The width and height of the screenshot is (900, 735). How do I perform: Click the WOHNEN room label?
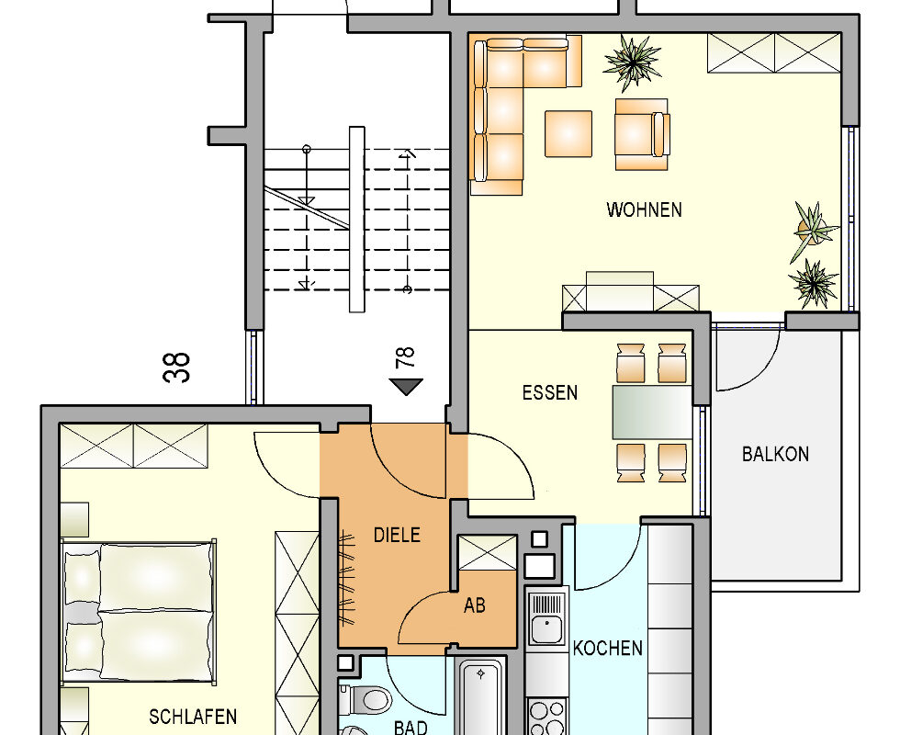[x=644, y=209]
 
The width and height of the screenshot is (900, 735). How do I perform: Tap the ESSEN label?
[x=550, y=393]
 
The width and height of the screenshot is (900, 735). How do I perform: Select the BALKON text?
[x=775, y=454]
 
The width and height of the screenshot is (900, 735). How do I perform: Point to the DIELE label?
[x=397, y=535]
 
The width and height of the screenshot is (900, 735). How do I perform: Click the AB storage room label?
[x=475, y=605]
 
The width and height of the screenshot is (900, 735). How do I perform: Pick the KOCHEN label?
[x=607, y=649]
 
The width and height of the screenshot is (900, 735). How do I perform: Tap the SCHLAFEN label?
[x=193, y=717]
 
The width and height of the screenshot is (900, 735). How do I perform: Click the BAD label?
[x=411, y=728]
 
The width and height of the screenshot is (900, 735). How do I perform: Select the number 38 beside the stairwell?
[x=176, y=367]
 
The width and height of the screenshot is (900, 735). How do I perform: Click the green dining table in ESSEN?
[x=652, y=413]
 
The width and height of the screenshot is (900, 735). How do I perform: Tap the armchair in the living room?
[x=642, y=134]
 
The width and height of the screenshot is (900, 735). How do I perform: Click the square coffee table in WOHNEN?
[x=568, y=133]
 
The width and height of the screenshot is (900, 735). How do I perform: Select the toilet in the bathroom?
[x=366, y=699]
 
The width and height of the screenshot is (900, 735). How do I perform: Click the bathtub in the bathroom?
[x=481, y=697]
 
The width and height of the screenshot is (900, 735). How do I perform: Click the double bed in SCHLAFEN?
[x=139, y=612]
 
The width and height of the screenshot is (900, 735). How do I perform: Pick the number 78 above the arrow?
[x=405, y=357]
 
